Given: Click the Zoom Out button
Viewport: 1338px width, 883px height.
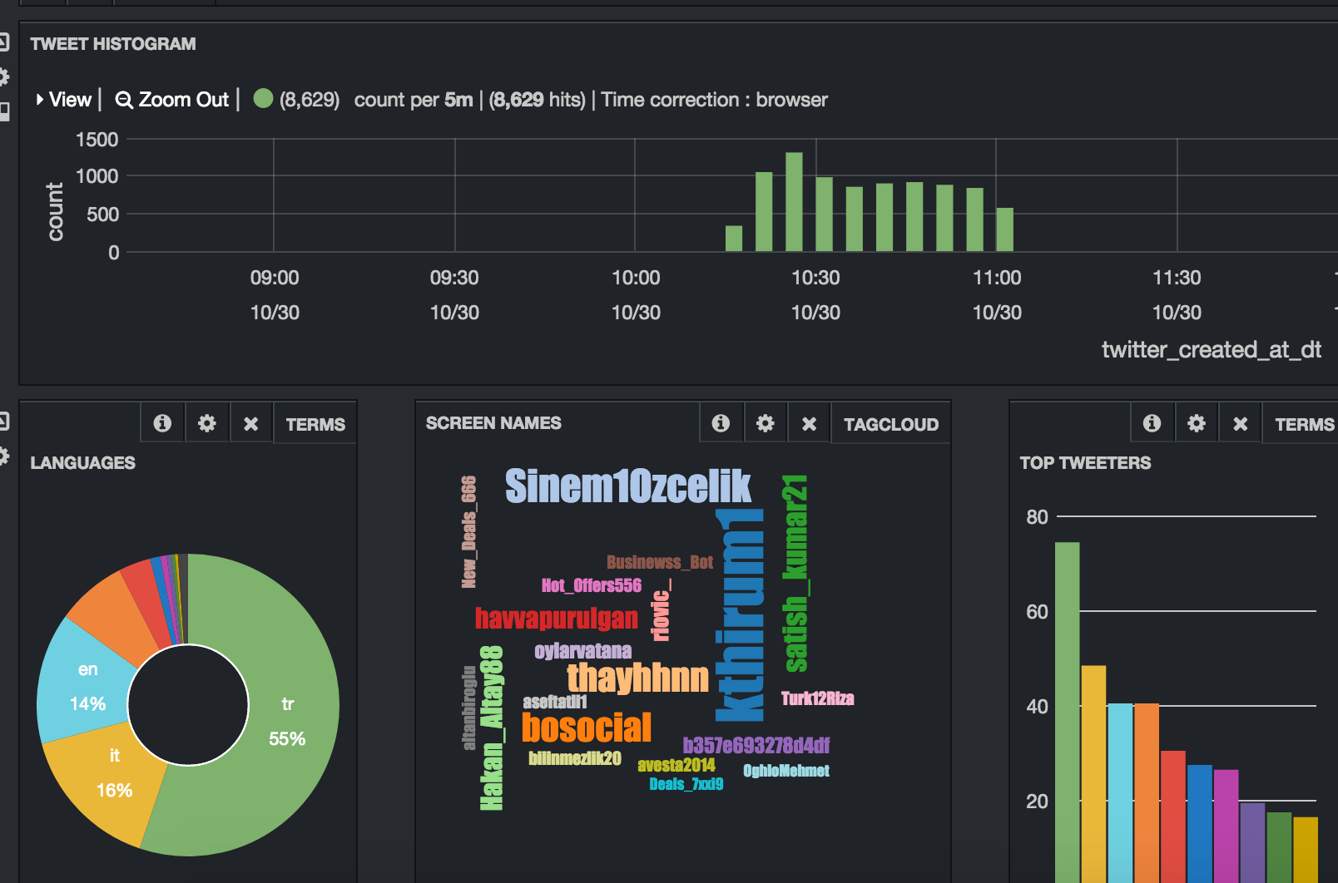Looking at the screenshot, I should (x=172, y=100).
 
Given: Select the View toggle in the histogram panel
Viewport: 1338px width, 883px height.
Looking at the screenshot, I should (x=64, y=100).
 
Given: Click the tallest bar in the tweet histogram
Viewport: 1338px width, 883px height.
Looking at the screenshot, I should (x=794, y=202).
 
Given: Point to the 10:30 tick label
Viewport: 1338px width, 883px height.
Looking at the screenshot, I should (x=815, y=278).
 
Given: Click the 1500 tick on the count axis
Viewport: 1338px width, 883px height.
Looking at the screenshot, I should (x=97, y=140).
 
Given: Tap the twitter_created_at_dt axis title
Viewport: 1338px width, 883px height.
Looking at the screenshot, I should (x=1211, y=350).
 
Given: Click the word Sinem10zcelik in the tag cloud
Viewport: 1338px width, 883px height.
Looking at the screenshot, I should (x=627, y=486).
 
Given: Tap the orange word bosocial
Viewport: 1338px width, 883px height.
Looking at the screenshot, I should (x=586, y=728).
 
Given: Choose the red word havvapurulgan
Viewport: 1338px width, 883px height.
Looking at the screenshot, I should (x=556, y=619).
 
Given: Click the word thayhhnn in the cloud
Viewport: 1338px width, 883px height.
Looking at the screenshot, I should (x=637, y=678).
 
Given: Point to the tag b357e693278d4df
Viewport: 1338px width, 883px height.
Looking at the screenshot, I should (x=756, y=745).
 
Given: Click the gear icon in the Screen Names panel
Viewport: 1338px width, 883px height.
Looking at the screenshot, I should (x=765, y=423).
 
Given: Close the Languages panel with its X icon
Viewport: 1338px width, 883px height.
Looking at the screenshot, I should (x=250, y=424).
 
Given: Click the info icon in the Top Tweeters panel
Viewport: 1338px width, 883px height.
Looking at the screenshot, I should (x=1152, y=423).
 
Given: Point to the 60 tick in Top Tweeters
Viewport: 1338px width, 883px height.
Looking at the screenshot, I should (x=1037, y=612).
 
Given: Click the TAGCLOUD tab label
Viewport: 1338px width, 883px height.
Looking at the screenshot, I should (x=890, y=425).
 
